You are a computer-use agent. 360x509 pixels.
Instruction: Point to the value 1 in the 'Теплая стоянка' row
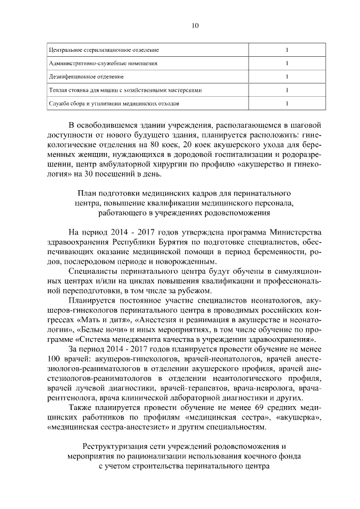287,90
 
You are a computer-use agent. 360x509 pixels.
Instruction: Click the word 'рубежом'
196,290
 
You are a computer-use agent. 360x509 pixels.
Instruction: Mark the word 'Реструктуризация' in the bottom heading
111,447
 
